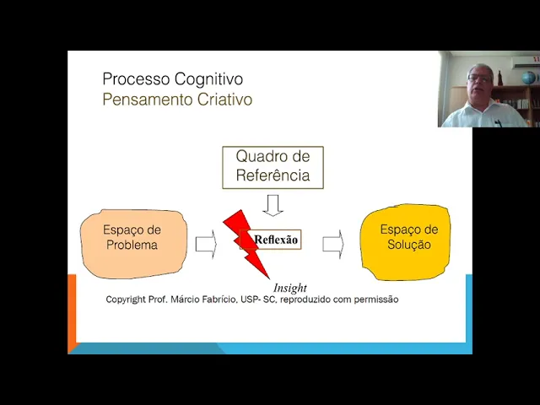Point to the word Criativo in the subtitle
point(222,100)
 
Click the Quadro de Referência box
point(273,166)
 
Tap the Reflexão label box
point(276,240)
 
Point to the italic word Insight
point(290,288)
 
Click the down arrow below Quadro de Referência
point(273,205)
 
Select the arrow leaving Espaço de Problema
point(206,244)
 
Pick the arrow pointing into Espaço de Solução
point(333,243)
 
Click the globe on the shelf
point(529,78)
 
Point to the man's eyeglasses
point(478,78)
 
